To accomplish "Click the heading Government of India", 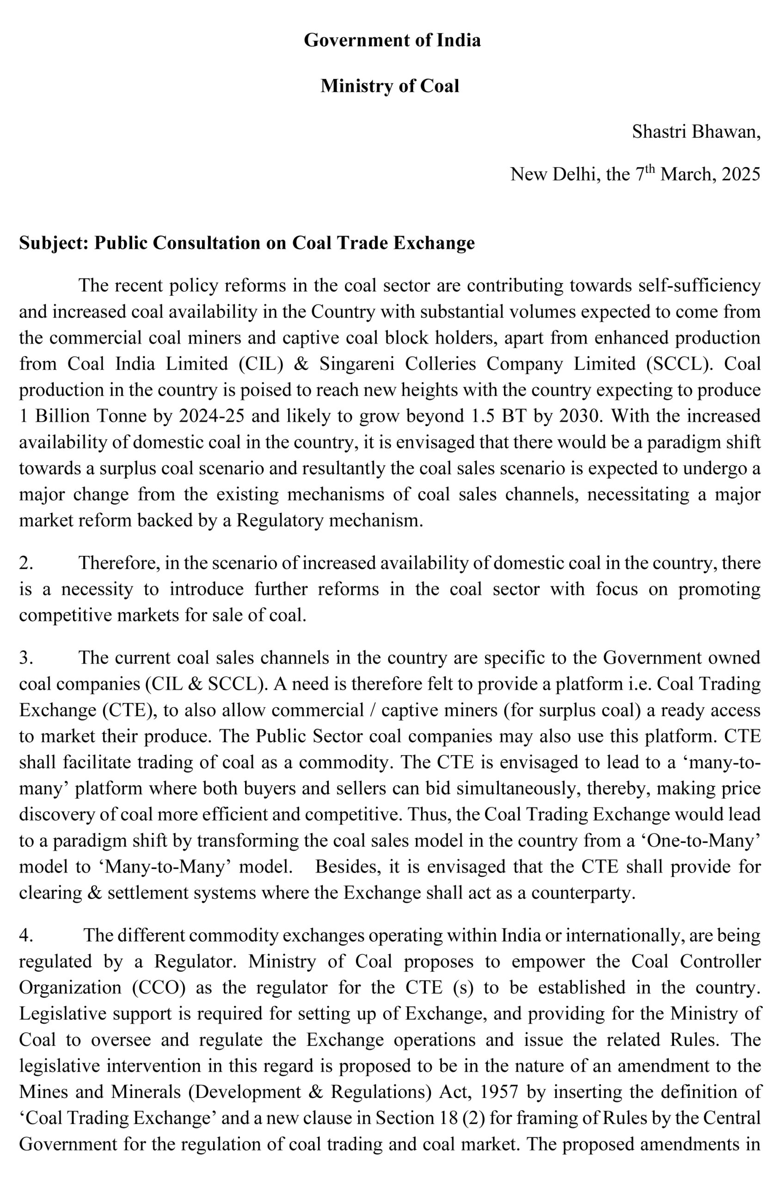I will point(392,40).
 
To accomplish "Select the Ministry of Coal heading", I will point(390,86).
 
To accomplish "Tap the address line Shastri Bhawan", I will point(696,131).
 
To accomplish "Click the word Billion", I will point(61,416).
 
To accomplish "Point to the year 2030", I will point(579,416).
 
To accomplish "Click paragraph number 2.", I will point(26,563).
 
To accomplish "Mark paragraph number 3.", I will point(26,658).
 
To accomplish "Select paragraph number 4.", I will point(26,935).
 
